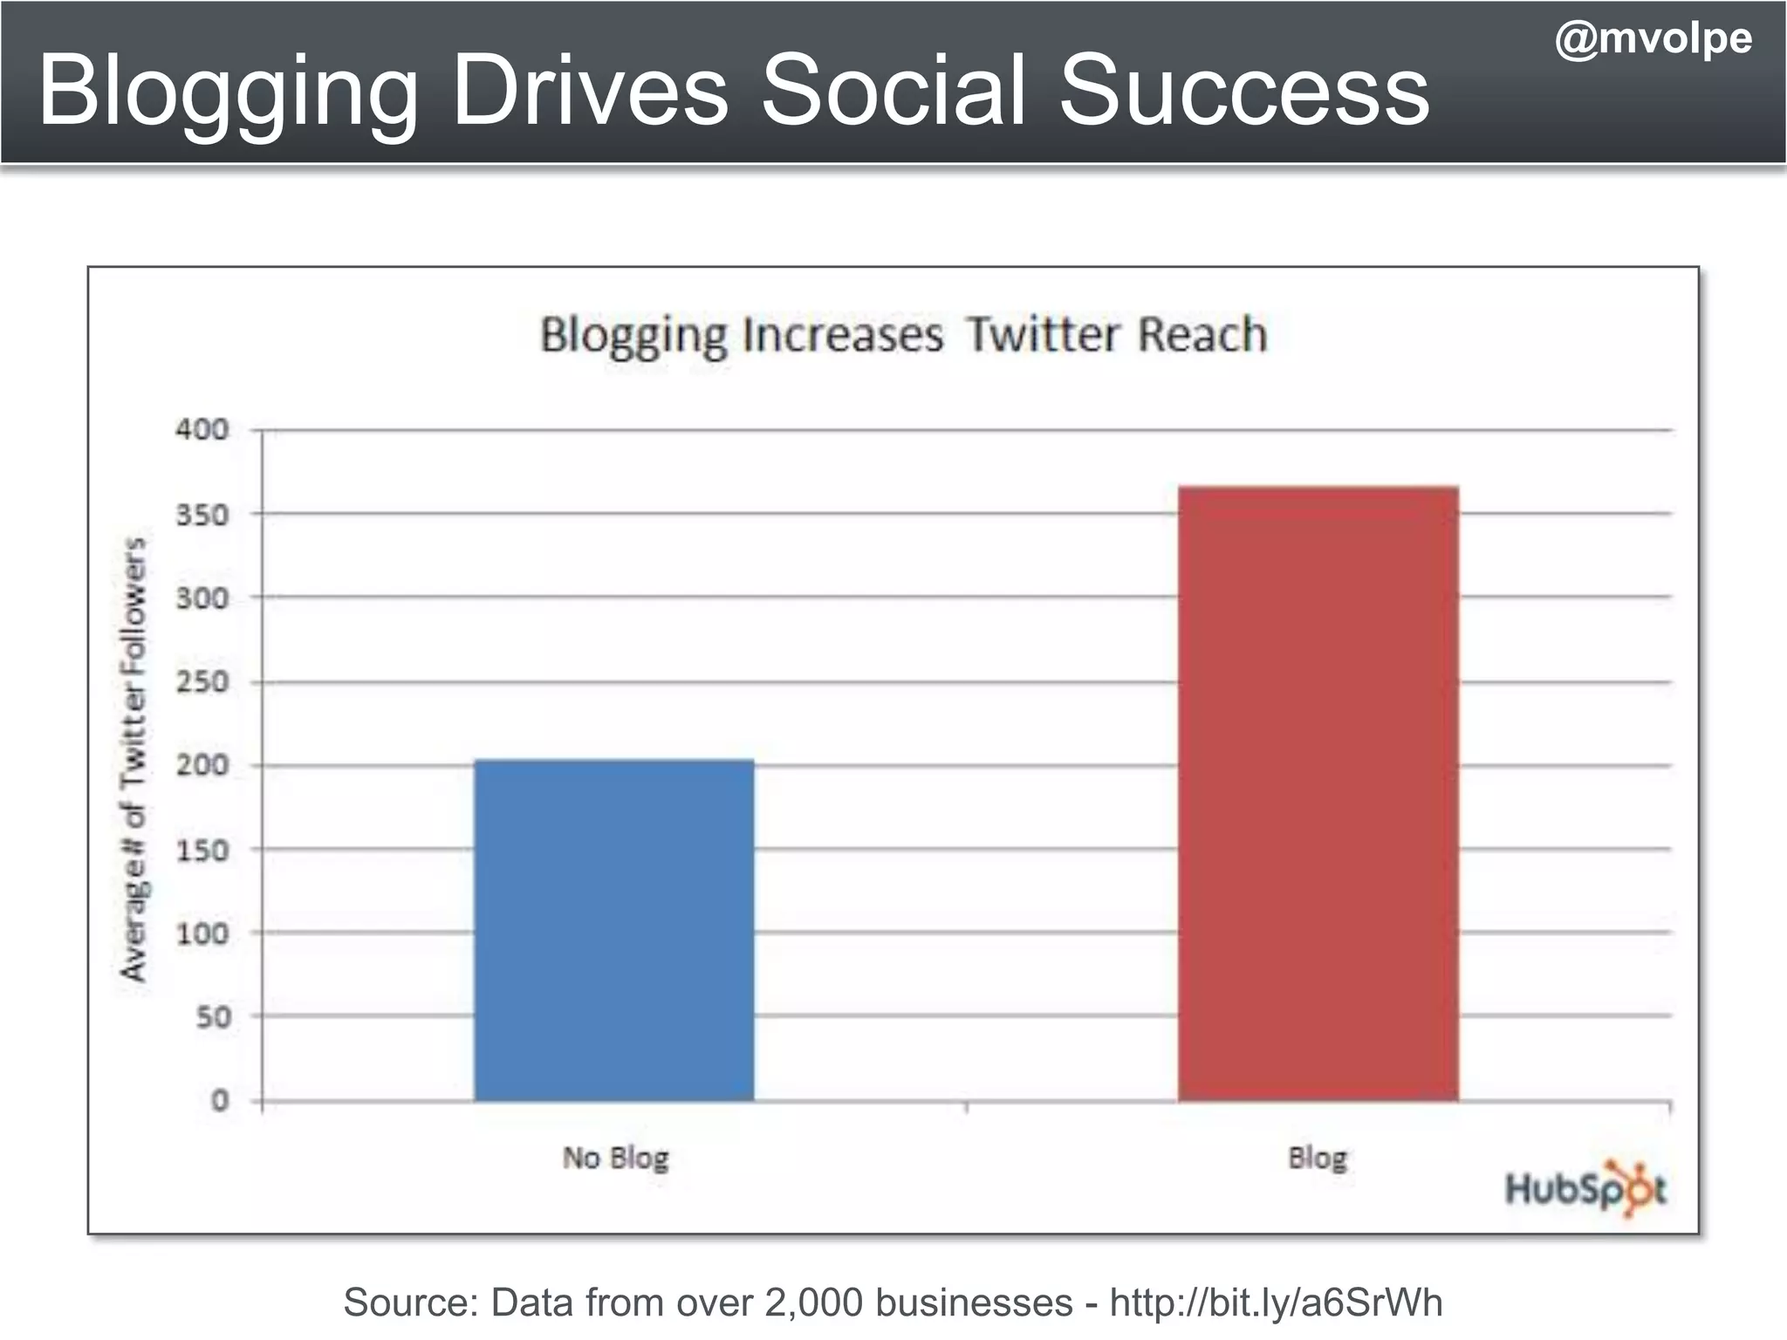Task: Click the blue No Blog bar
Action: coord(614,930)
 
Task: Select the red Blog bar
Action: coord(1318,794)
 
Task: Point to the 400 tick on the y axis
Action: coord(202,429)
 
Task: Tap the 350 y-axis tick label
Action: coord(202,515)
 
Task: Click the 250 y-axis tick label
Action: coord(202,681)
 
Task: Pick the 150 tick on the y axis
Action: coord(202,850)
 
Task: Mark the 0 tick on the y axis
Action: coord(220,1100)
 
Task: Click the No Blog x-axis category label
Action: coord(615,1158)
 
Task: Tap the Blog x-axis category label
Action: coord(1318,1159)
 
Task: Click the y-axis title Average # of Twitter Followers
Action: coord(134,759)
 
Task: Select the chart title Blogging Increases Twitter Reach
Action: coord(903,335)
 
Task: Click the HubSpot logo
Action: coord(1585,1187)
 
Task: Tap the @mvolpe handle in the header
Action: coord(1653,39)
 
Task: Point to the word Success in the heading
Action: coord(1243,91)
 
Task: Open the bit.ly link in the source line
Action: coord(1276,1302)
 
